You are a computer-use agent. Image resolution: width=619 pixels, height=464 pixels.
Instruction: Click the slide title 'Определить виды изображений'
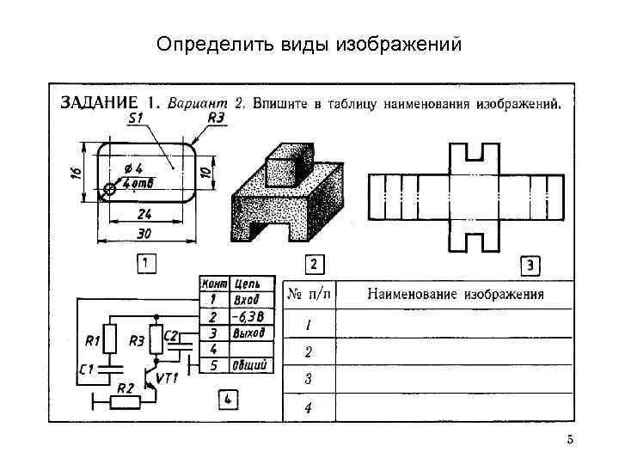[309, 44]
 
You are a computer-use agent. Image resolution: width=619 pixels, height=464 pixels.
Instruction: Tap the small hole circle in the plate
[109, 189]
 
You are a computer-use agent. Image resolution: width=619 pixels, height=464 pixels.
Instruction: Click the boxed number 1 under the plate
[146, 263]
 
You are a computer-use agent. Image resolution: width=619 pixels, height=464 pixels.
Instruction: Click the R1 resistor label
[92, 341]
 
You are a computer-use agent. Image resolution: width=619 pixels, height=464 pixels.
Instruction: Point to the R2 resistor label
[125, 388]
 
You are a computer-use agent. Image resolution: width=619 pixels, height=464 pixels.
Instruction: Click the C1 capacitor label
[85, 369]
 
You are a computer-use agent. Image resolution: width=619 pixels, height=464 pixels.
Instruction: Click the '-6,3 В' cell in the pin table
[248, 316]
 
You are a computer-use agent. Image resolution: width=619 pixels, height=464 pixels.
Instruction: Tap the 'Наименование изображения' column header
[456, 294]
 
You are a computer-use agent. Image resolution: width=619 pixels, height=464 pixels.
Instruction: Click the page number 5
[569, 441]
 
